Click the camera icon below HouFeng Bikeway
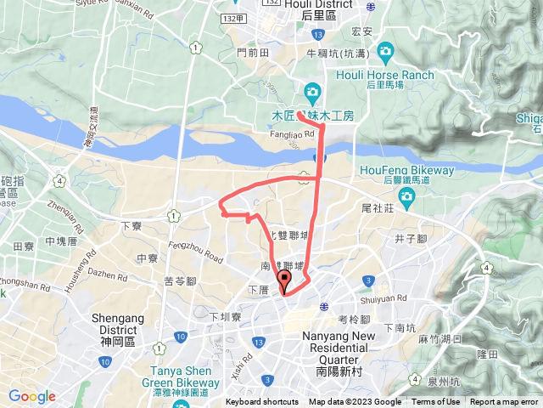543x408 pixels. tap(406, 198)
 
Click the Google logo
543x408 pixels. tap(32, 396)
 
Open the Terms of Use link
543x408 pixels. tap(436, 402)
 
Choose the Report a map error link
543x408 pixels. tap(504, 402)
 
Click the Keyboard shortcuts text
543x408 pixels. tap(262, 402)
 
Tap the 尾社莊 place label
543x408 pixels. tap(374, 207)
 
